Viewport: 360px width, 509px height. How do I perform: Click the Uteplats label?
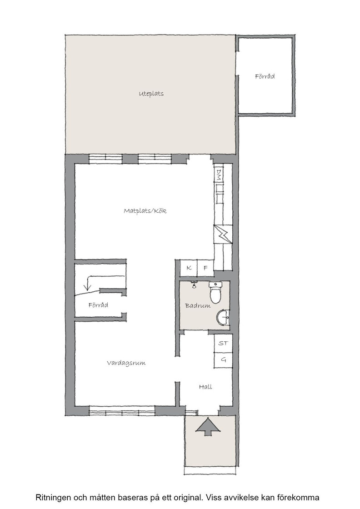151,94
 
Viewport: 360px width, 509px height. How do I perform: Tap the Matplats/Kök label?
145,211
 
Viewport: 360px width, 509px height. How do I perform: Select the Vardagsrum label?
126,363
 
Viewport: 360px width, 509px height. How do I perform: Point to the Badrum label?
198,305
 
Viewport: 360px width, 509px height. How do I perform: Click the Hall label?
205,387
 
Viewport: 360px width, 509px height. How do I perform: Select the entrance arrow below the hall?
206,427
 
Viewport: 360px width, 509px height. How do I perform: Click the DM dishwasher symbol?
219,175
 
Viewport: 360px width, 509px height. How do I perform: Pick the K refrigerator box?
189,268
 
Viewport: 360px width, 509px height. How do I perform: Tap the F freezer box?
205,268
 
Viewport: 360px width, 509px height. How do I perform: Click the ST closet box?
223,343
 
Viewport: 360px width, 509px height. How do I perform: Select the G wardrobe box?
223,359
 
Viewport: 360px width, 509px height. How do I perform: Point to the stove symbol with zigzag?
223,234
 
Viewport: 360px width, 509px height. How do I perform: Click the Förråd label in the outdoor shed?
265,77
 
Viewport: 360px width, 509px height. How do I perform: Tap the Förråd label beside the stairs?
98,305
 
